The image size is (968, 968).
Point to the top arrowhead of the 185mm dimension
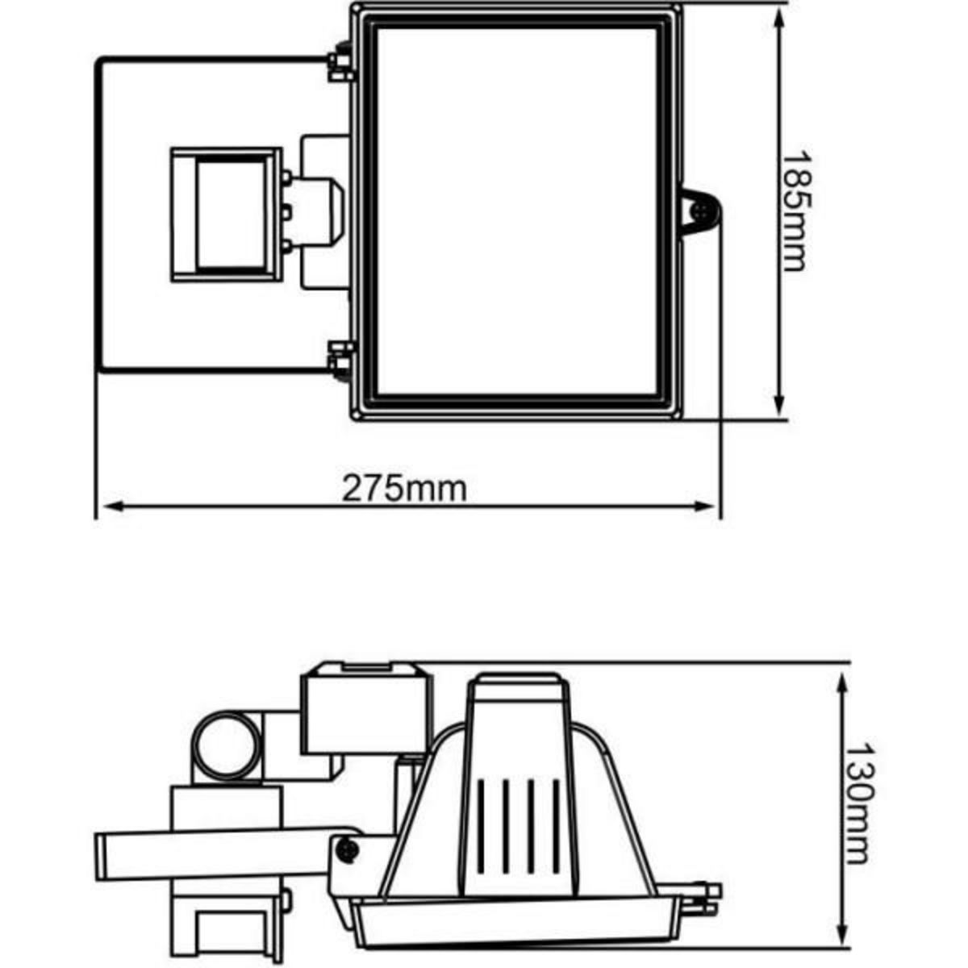click(779, 21)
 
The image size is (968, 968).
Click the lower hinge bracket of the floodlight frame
click(342, 359)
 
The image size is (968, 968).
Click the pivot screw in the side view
click(348, 849)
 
